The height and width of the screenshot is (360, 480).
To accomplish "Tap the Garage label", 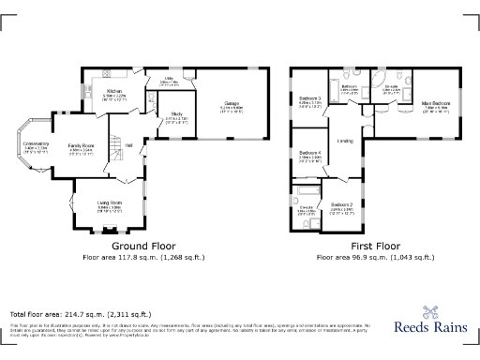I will click(x=232, y=104).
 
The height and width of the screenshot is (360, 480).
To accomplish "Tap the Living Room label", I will click(x=111, y=203).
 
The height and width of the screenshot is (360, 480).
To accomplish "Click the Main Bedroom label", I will click(x=434, y=104).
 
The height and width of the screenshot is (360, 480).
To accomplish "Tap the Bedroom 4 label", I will click(x=310, y=156).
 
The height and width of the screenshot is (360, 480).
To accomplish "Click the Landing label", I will click(x=345, y=142).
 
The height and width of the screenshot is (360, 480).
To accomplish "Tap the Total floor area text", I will click(x=80, y=314).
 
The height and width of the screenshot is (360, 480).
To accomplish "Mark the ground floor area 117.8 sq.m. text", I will click(x=142, y=256).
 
